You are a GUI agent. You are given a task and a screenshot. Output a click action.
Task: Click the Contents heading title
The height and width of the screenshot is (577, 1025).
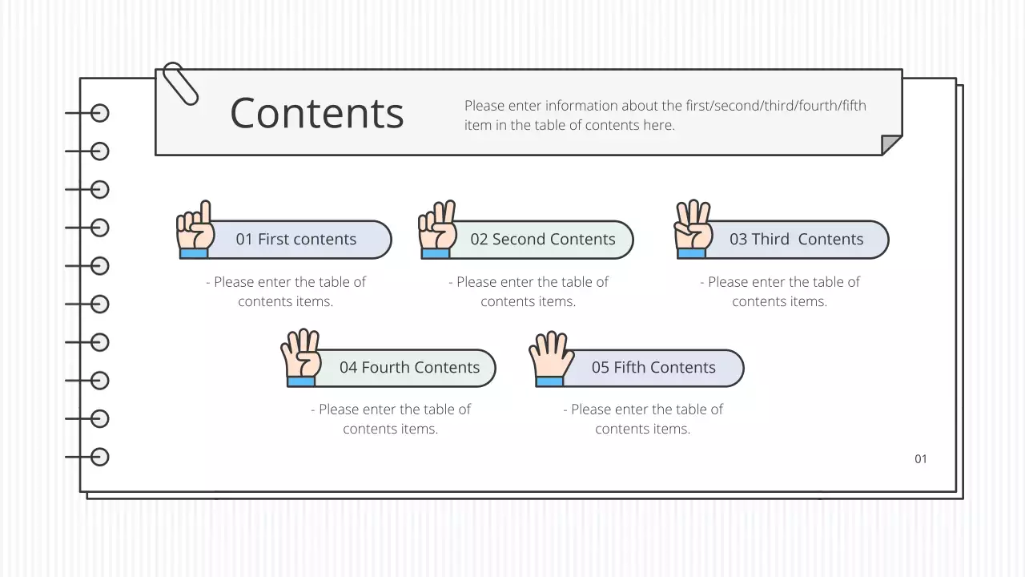[316, 113]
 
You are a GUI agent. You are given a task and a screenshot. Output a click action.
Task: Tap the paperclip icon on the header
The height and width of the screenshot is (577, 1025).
[180, 83]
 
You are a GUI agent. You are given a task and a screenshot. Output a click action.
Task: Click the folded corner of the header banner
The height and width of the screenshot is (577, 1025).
[890, 144]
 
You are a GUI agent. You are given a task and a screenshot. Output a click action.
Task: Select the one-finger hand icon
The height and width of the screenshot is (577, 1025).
[195, 231]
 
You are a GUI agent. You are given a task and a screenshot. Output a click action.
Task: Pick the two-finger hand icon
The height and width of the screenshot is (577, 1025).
[437, 231]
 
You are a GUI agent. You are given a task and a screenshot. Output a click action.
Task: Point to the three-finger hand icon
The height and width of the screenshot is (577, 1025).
[693, 231]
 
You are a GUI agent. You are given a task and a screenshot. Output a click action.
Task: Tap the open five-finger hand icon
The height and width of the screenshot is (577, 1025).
[550, 358]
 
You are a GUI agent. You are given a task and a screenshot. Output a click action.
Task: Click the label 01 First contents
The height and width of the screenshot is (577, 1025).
[295, 240]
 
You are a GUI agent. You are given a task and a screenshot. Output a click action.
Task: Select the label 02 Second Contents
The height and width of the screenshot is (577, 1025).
[543, 240]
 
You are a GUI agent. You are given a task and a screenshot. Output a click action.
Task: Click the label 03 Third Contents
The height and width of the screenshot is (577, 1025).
[796, 240]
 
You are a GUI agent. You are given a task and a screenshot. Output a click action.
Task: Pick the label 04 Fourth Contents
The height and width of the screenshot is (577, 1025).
[409, 368]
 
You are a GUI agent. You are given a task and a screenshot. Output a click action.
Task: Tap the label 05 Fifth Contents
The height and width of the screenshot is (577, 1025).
[653, 368]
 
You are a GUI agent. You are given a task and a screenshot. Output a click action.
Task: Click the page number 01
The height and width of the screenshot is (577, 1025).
[921, 459]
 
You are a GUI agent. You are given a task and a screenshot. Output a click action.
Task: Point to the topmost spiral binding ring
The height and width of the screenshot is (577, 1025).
[99, 113]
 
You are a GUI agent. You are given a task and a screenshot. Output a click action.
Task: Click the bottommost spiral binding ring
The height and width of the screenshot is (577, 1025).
[99, 457]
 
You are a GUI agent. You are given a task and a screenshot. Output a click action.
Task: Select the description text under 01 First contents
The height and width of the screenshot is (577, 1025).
[286, 292]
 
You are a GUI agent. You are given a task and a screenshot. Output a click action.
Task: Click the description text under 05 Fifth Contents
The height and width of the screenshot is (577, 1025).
[643, 419]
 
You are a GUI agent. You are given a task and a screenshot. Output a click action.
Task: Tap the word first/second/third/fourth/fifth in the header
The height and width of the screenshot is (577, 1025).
[776, 106]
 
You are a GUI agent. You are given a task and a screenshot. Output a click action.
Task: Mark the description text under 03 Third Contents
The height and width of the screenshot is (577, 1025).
[780, 292]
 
